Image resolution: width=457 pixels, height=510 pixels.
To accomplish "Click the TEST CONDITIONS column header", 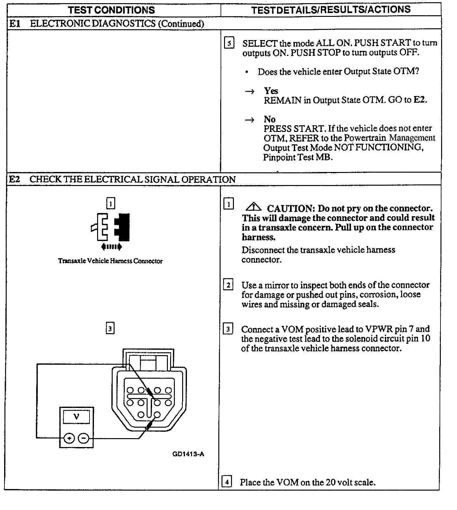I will (x=111, y=10).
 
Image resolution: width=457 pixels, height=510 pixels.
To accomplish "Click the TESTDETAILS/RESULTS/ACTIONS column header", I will (x=331, y=10).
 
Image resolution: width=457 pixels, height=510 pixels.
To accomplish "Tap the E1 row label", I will (x=14, y=24).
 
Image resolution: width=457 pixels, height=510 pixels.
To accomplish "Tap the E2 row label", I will (x=14, y=179).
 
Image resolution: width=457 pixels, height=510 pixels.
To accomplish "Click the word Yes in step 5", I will (x=271, y=91).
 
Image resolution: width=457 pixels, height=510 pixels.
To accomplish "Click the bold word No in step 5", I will (x=269, y=119).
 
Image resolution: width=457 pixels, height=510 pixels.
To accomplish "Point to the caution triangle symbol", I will (x=253, y=208).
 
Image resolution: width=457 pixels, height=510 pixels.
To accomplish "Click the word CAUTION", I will (x=291, y=209).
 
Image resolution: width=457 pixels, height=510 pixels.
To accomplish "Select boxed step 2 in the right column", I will (x=228, y=285).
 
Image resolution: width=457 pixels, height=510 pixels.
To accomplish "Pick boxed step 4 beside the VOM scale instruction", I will (x=227, y=482).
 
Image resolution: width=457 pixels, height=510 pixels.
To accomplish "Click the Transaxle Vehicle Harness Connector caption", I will (x=110, y=261).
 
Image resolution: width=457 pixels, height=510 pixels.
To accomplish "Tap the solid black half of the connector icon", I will (x=123, y=227).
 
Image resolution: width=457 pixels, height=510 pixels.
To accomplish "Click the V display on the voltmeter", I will (x=76, y=417).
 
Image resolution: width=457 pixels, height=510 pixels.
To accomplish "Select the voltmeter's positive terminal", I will (x=69, y=438).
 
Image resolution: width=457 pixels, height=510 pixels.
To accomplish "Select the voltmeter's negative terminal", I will (x=83, y=438).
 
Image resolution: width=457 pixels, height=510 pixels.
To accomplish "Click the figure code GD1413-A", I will (x=188, y=454).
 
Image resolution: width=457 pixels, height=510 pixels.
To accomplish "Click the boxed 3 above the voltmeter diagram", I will (x=110, y=328).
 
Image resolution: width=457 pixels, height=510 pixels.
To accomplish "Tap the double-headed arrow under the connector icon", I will (x=111, y=247).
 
